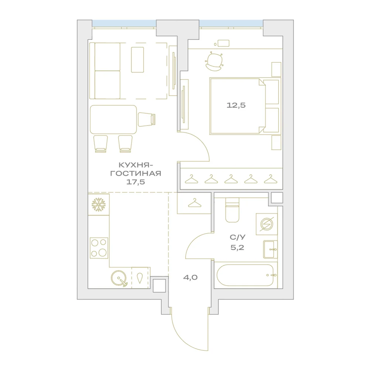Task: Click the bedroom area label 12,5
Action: coord(236,105)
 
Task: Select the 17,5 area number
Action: coord(136,182)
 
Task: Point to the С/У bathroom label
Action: coord(237,237)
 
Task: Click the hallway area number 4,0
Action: coord(190,277)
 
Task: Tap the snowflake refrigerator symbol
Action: coord(99,204)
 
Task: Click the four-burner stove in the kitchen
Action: coord(99,248)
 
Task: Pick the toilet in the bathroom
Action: coord(232,210)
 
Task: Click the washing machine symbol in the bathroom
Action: coord(267,224)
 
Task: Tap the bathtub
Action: coord(245,275)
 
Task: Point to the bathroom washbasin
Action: coord(270,249)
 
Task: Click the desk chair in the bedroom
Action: coord(214,61)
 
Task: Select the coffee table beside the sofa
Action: coord(137,60)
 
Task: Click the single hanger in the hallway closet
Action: coord(194,203)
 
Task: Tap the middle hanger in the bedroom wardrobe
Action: coord(231,179)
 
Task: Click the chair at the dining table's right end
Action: coord(146,119)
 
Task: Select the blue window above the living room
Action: coord(124,24)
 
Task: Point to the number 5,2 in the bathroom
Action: coord(237,248)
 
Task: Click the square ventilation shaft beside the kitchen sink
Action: coord(159,286)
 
